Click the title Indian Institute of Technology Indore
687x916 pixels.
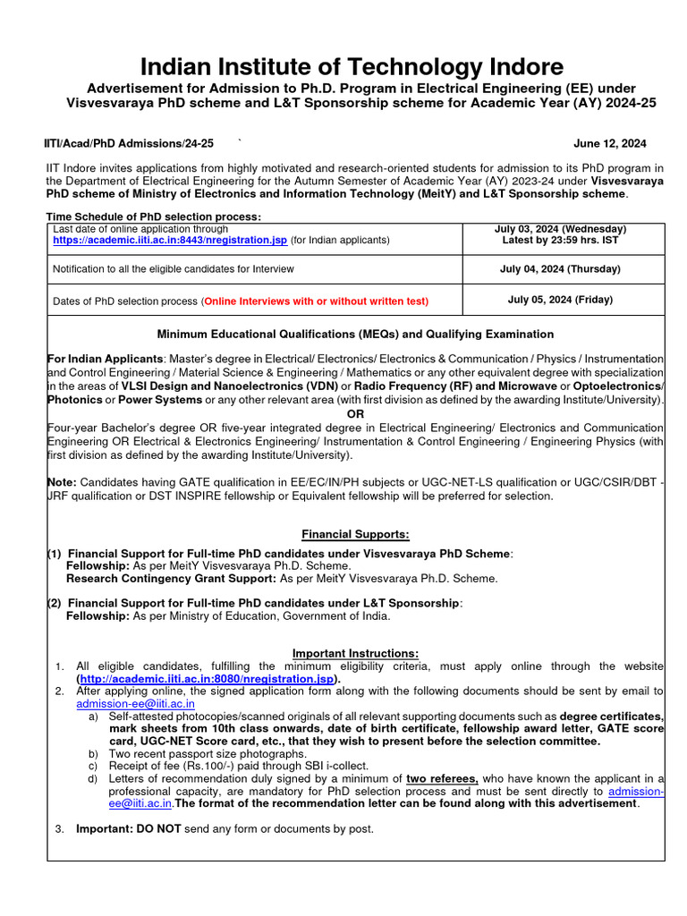point(351,66)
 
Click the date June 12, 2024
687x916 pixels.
point(609,143)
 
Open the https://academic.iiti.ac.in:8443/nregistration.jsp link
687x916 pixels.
point(170,240)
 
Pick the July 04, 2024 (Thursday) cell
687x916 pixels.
point(563,268)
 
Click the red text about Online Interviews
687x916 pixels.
point(316,301)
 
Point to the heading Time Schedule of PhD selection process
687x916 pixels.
point(154,216)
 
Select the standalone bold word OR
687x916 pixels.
point(355,414)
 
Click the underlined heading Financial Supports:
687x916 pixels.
point(355,534)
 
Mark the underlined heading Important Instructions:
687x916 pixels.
point(355,653)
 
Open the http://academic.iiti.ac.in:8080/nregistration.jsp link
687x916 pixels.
point(206,679)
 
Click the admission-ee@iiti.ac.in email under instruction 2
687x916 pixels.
point(135,704)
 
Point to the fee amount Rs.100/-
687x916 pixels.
point(204,766)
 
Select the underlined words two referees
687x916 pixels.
point(441,778)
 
